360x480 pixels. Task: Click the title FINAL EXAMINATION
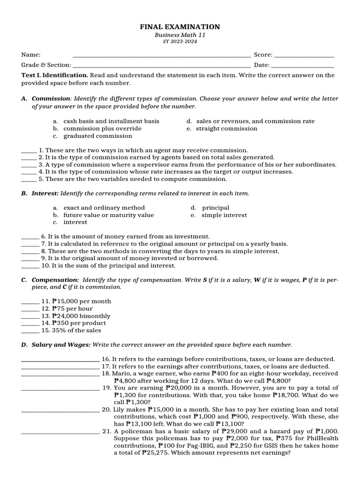pos(180,27)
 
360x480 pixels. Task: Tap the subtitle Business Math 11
pos(180,35)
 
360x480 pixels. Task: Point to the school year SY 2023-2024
pos(180,42)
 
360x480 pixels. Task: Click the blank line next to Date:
pos(303,66)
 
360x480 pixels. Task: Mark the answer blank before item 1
pos(29,151)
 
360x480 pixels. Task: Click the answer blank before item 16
pos(60,360)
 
